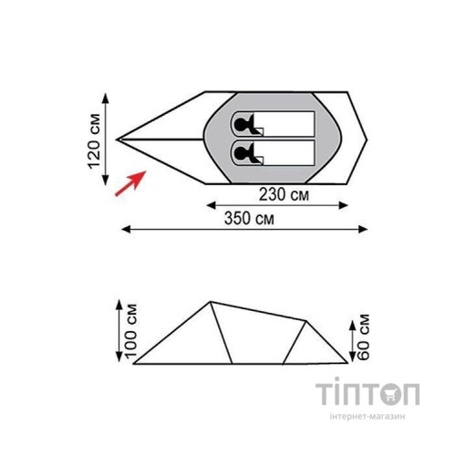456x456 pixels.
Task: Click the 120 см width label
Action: click(94, 140)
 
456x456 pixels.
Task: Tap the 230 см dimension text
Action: click(284, 194)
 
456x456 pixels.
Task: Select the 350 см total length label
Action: click(249, 218)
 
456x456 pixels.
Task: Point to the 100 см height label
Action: click(131, 330)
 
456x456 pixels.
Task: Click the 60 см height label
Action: click(363, 337)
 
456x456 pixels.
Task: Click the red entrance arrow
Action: click(130, 183)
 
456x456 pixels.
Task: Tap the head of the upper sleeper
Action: click(241, 124)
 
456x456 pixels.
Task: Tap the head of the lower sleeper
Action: click(241, 153)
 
